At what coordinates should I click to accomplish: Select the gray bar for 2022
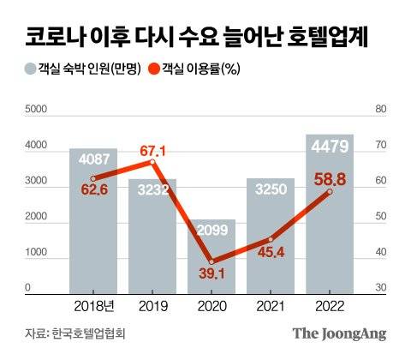[330, 214]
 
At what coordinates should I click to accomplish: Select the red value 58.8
[329, 180]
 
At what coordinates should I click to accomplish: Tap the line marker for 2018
[94, 178]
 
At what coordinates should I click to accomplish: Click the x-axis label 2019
[153, 303]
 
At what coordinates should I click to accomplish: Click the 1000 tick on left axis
[37, 254]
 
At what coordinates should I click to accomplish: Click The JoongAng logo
[339, 333]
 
